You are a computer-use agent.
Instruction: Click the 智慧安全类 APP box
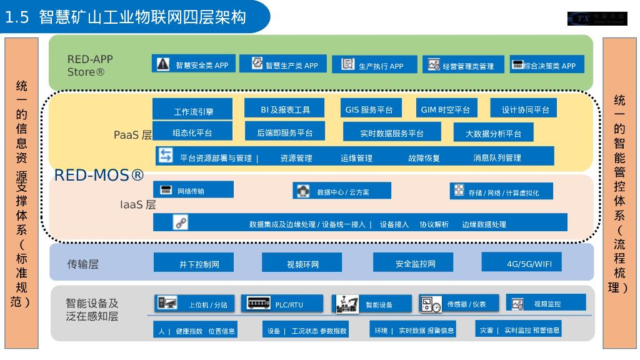[194, 64]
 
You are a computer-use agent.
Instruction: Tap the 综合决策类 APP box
[547, 64]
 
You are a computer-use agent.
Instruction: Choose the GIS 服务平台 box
[369, 109]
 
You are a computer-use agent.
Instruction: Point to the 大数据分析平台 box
[493, 132]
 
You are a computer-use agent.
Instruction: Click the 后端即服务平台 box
[284, 132]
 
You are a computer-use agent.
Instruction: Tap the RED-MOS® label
[99, 175]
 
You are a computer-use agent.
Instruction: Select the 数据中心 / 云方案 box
[342, 191]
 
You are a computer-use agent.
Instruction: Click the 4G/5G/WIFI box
[521, 262]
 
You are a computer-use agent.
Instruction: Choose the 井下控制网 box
[194, 263]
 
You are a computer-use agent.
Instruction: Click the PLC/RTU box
[281, 304]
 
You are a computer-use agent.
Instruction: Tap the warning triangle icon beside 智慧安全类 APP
[163, 64]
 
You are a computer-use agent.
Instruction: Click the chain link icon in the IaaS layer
[181, 222]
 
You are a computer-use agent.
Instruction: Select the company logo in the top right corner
[596, 19]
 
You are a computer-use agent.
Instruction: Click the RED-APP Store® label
[90, 66]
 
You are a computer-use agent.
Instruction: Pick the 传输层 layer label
[83, 264]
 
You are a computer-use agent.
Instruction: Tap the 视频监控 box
[546, 303]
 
